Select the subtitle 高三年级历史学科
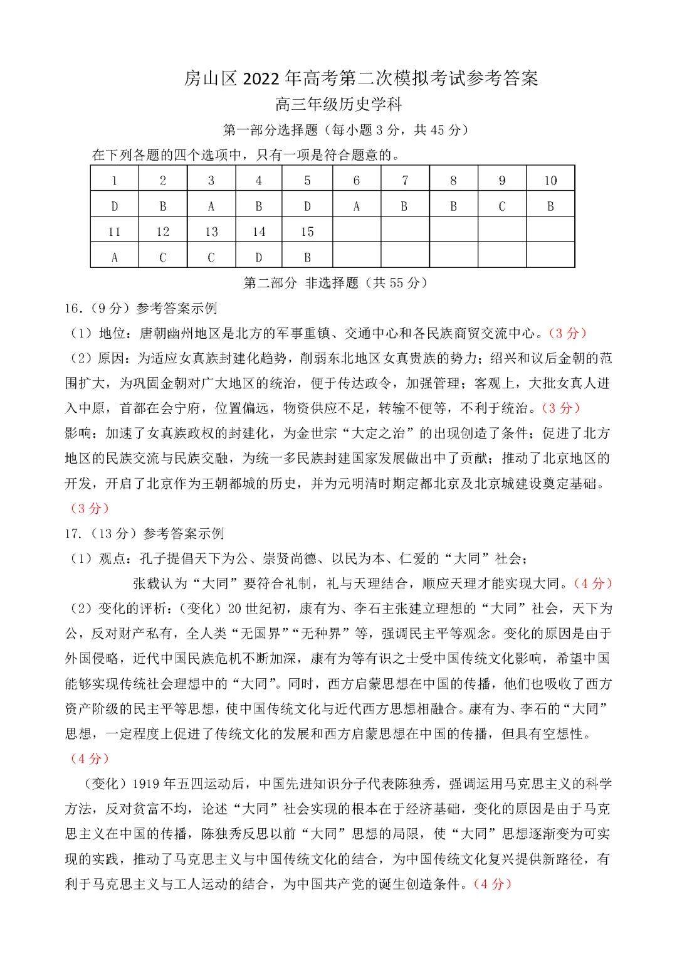point(338,104)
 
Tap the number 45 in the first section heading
point(438,130)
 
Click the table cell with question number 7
point(405,181)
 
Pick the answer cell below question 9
point(501,206)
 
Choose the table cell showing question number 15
point(307,232)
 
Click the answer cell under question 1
point(114,206)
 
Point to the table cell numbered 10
point(550,181)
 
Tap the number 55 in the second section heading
point(397,283)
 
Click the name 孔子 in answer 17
point(153,558)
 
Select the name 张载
point(147,583)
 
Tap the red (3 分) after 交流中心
point(568,333)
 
